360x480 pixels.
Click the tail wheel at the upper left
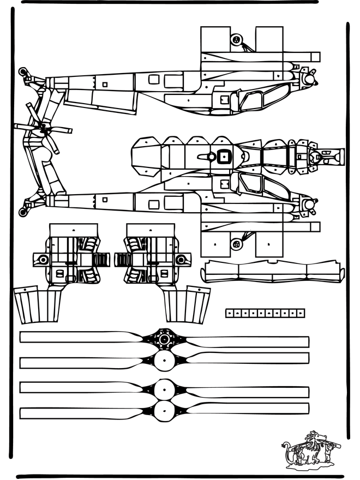pos(22,71)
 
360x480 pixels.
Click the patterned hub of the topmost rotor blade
pos(164,339)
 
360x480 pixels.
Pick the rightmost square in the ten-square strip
pos(301,313)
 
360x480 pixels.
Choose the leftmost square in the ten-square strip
pos(230,313)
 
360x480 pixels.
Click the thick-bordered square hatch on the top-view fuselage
pos(222,157)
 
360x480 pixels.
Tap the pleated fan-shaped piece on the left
pos(38,305)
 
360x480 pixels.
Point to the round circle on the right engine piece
pos(180,260)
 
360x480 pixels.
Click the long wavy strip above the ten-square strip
pos(272,271)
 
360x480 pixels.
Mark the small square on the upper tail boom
pos(105,84)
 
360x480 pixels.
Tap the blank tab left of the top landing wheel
pos(214,39)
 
